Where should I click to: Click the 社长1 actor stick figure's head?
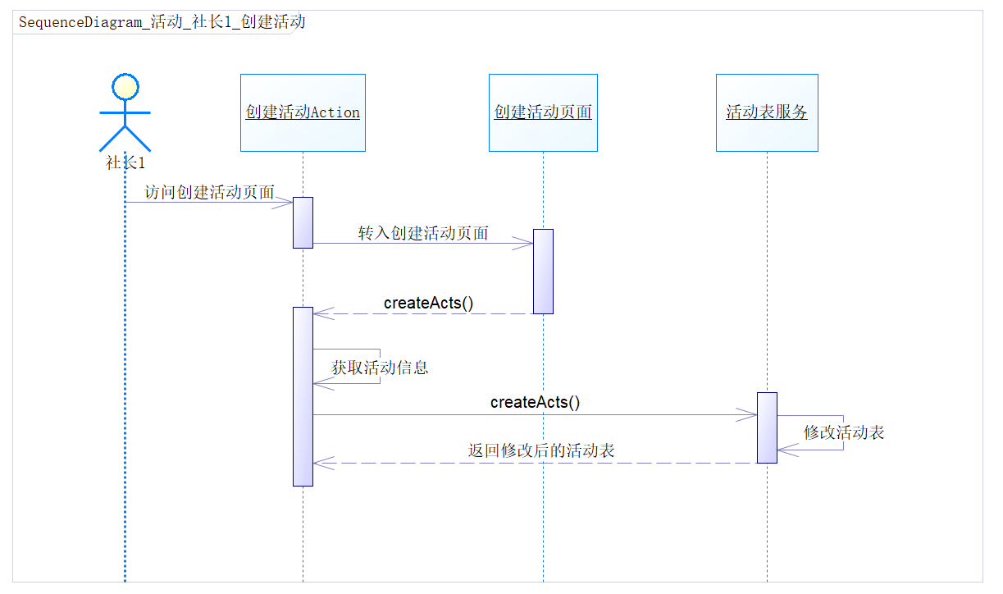125,85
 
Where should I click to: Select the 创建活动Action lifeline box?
303,112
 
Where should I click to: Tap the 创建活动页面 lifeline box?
543,112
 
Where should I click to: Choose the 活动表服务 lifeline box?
767,112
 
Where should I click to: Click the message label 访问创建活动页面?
209,193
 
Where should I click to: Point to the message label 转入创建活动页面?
423,233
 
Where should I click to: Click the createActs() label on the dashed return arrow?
428,303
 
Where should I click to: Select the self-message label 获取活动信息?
380,368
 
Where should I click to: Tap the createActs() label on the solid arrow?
535,402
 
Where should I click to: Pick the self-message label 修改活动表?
844,432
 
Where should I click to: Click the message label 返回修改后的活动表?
541,450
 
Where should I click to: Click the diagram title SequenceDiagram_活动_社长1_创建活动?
162,22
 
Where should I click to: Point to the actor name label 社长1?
125,162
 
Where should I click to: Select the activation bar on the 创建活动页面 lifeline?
543,271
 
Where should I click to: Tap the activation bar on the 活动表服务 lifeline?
767,427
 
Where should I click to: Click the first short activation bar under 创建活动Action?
303,222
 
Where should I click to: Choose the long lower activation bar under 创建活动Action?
303,395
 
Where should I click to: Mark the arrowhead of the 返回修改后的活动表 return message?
321,463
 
